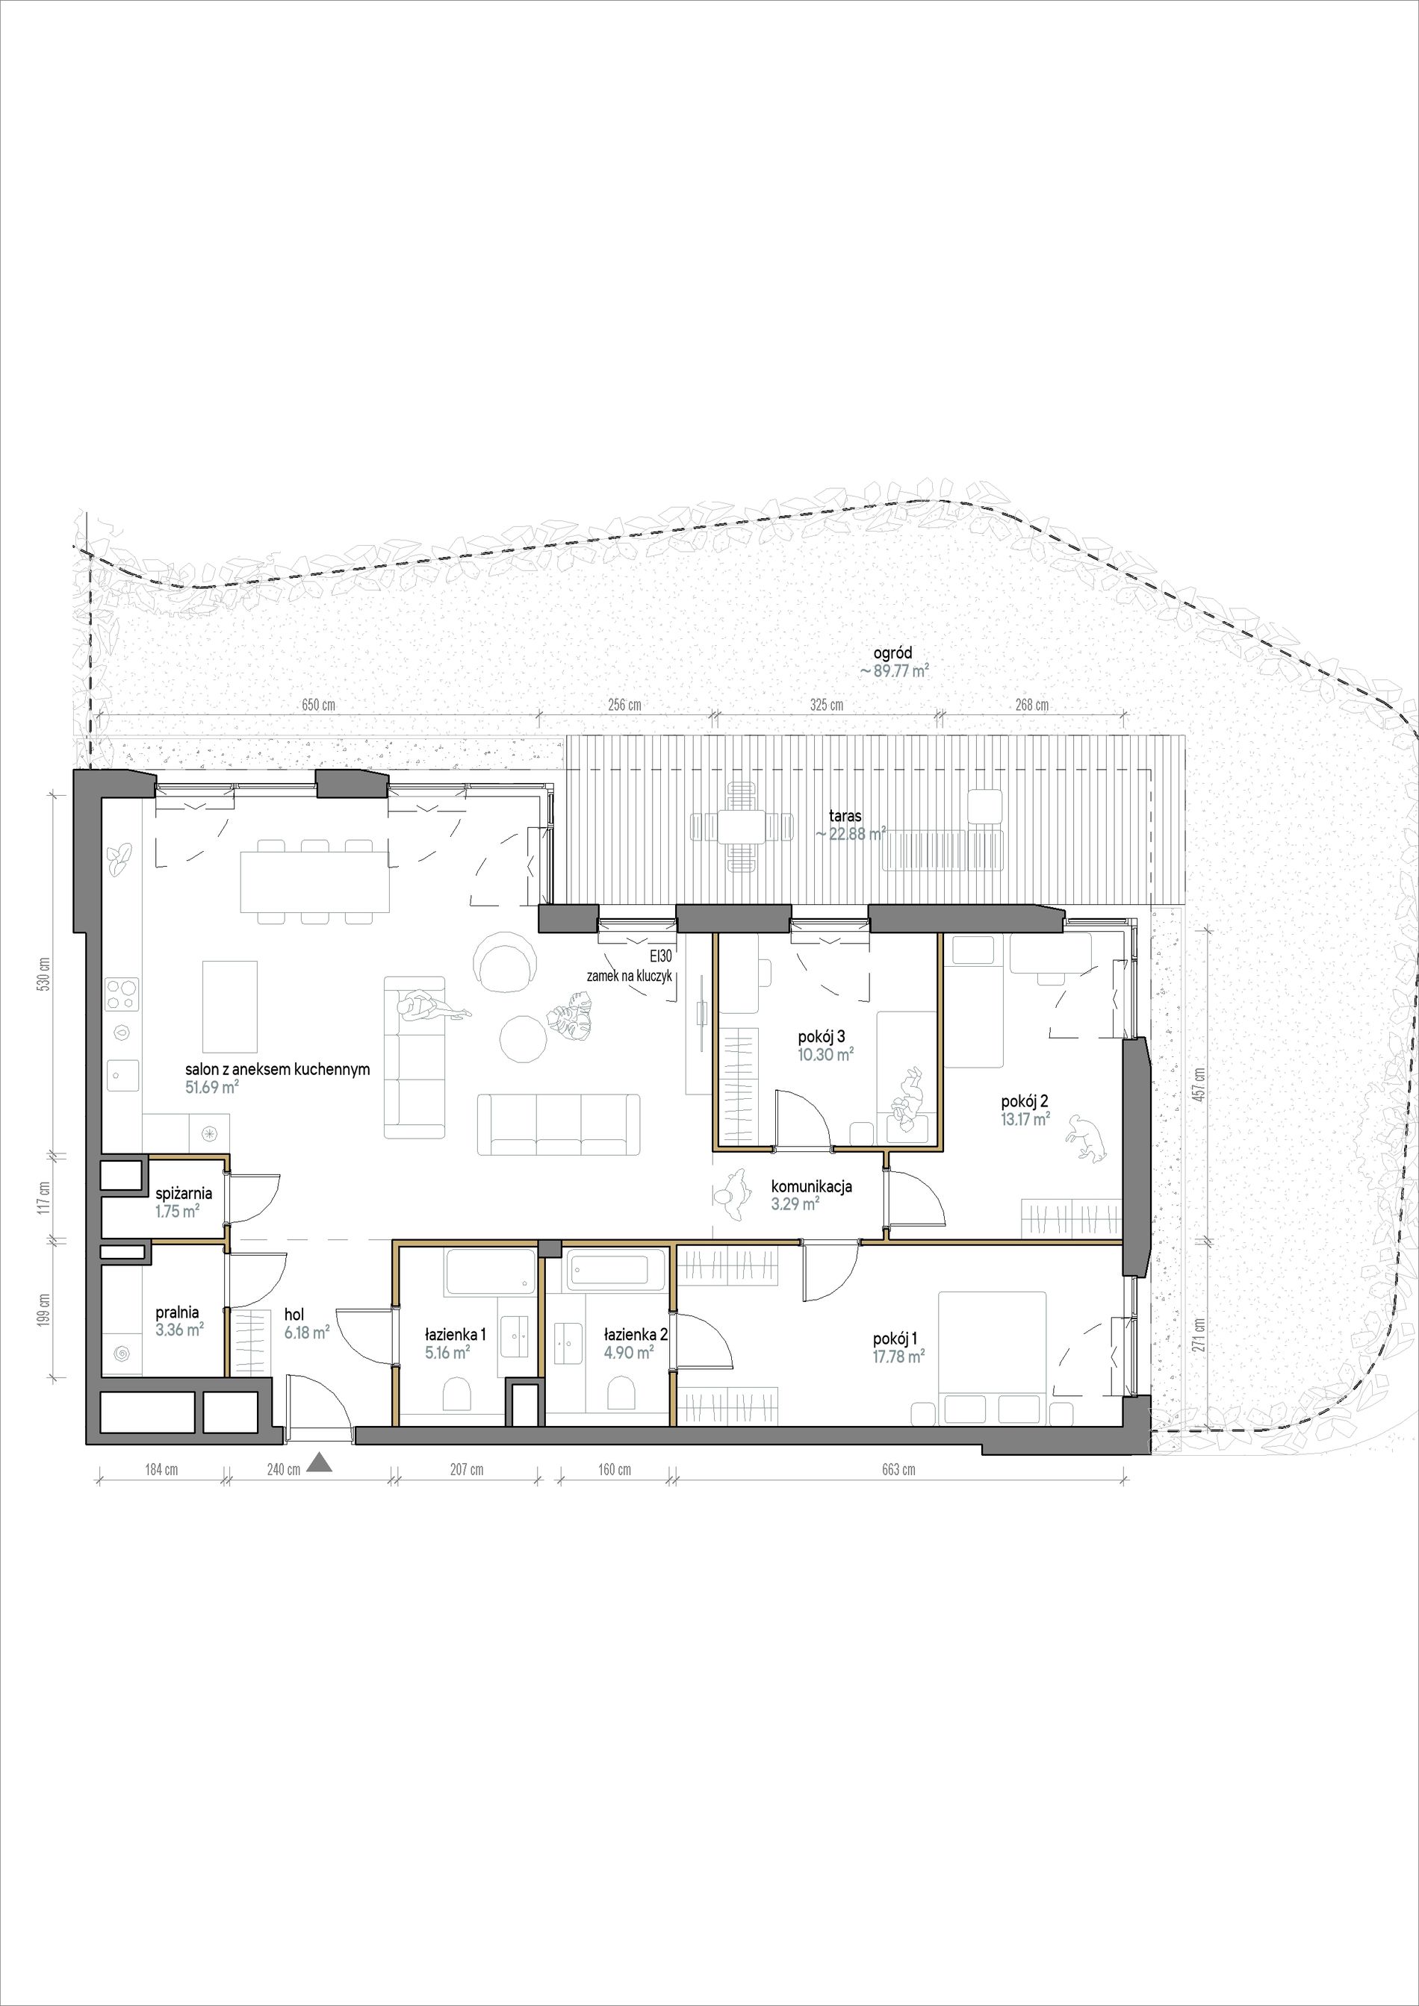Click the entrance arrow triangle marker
coord(320,1463)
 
